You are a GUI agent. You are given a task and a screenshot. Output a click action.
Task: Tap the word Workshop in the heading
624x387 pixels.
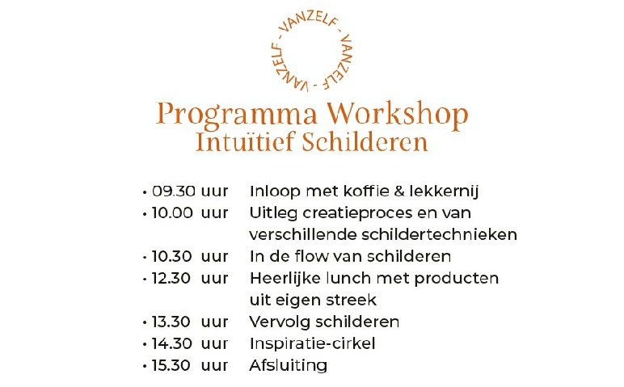pyautogui.click(x=398, y=114)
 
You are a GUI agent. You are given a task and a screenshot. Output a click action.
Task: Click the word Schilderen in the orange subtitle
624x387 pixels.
pyautogui.click(x=365, y=142)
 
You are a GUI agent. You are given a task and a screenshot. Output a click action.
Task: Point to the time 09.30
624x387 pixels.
pyautogui.click(x=174, y=191)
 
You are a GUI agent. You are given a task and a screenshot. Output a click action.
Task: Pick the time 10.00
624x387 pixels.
pyautogui.click(x=172, y=213)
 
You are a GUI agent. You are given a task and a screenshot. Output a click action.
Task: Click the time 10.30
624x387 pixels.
pyautogui.click(x=171, y=257)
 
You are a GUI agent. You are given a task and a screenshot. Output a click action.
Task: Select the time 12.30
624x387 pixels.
pyautogui.click(x=171, y=279)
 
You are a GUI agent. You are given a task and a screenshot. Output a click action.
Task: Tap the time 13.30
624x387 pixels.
pyautogui.click(x=171, y=322)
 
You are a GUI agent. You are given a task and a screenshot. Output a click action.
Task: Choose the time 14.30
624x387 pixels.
pyautogui.click(x=171, y=343)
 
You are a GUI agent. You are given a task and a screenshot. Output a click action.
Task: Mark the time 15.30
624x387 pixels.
pyautogui.click(x=171, y=365)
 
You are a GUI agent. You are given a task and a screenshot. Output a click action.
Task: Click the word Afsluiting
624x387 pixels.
pyautogui.click(x=289, y=366)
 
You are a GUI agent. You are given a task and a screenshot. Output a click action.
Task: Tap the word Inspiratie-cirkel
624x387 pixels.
pyautogui.click(x=312, y=343)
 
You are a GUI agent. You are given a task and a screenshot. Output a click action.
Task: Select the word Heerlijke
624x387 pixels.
pyautogui.click(x=285, y=279)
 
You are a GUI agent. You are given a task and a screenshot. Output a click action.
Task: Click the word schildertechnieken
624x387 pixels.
pyautogui.click(x=440, y=234)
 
